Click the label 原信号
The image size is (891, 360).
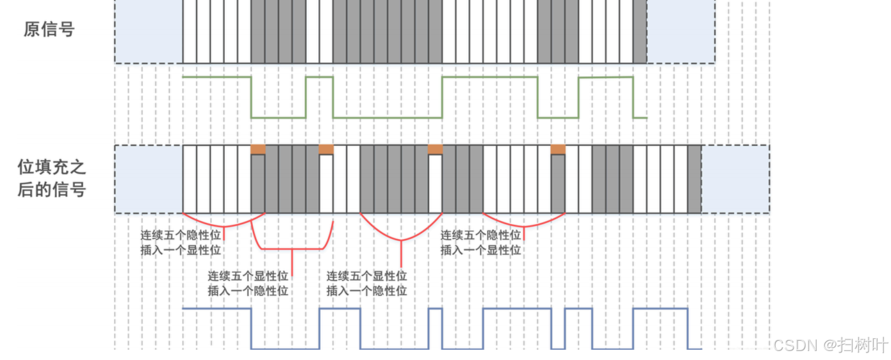click(49, 29)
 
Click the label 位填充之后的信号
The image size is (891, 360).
click(51, 179)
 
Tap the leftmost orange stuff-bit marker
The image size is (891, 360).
click(257, 149)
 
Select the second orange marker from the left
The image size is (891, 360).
click(326, 149)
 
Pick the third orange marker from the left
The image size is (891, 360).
click(435, 149)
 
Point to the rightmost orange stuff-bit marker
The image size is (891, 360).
click(558, 149)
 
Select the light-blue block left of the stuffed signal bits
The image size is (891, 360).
click(149, 179)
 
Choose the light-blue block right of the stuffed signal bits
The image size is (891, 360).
click(735, 179)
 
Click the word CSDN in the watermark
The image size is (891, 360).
click(796, 345)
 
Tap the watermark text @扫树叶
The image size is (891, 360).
click(856, 345)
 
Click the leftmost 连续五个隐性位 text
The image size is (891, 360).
click(181, 235)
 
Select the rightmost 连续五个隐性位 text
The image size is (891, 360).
click(480, 235)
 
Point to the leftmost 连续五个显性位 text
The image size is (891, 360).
click(248, 277)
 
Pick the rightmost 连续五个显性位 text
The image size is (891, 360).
click(367, 277)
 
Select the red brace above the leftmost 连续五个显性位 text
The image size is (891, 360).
click(293, 247)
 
